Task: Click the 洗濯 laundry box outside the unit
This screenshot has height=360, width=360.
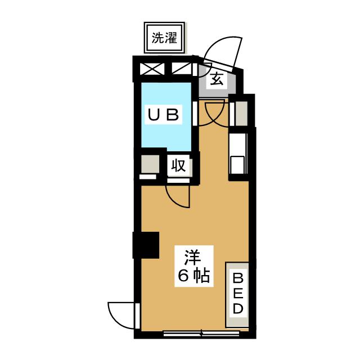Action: pyautogui.click(x=164, y=38)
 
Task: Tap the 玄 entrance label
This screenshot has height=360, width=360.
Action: pyautogui.click(x=217, y=79)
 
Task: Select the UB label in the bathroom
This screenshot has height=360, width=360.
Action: pyautogui.click(x=163, y=115)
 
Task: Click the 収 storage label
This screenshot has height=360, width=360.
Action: pyautogui.click(x=179, y=166)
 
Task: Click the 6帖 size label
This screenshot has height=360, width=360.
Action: pyautogui.click(x=193, y=276)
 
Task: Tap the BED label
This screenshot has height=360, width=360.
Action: pyautogui.click(x=238, y=293)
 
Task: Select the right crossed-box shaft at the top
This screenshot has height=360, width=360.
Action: pyautogui.click(x=181, y=69)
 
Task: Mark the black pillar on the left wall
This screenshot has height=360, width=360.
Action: pyautogui.click(x=146, y=244)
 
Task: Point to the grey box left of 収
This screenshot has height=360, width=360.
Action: pyautogui.click(x=150, y=165)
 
